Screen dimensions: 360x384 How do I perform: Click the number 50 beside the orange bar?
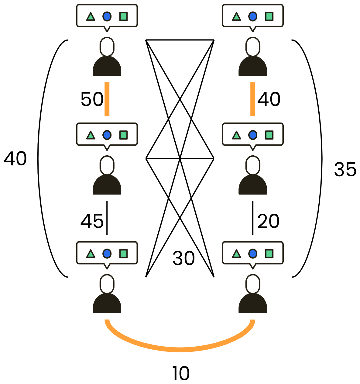coord(92,99)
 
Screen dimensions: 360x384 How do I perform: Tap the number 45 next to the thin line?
coord(92,221)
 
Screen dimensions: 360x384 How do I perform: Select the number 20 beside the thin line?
coord(268,221)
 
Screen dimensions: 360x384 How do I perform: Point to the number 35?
coord(345,169)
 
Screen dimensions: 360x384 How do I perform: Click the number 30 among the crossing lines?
coord(183,258)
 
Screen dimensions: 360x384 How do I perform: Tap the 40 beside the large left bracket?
coord(15,158)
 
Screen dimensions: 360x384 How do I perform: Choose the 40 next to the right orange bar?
coord(269,99)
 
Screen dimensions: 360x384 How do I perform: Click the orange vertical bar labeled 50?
coord(107,99)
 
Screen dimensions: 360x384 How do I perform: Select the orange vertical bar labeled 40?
coord(253,99)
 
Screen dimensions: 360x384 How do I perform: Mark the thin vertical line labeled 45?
coord(107,218)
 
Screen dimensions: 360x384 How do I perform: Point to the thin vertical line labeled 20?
coord(253,218)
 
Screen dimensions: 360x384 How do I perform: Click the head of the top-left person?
coord(107,47)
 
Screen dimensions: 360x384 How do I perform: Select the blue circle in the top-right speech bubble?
coord(253,16)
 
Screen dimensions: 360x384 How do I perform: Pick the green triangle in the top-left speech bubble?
coord(91,17)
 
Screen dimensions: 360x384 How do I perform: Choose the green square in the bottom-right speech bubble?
coord(269,254)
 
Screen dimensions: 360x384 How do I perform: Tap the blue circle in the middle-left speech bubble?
coord(107,135)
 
